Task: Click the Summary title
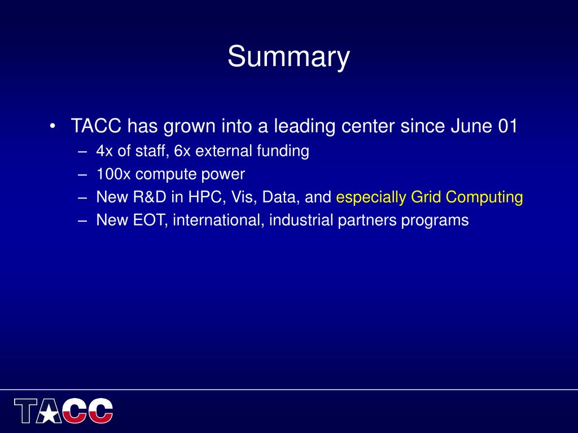coord(288,57)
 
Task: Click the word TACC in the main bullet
coord(96,126)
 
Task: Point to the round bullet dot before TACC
coord(52,126)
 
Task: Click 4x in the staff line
coord(104,151)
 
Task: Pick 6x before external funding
coord(182,151)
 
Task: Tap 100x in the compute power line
coord(113,174)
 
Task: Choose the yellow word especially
coord(371,197)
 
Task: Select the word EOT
coord(150,220)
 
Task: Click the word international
coord(218,220)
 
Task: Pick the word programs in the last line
coord(435,221)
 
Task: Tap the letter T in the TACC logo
coord(26,410)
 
